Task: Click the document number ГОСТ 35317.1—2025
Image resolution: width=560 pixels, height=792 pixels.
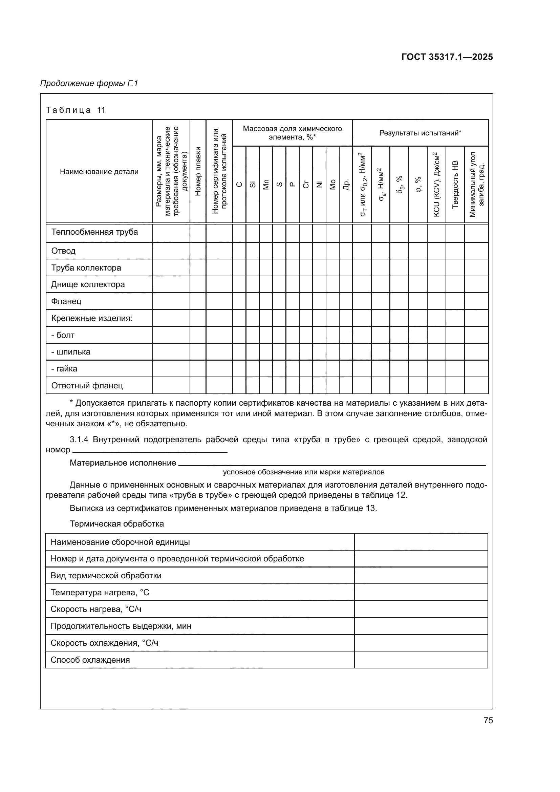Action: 447,57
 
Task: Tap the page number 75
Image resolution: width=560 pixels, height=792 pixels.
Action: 488,720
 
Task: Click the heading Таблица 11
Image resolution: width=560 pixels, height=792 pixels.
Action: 76,110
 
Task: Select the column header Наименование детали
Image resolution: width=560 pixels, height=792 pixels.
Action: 99,171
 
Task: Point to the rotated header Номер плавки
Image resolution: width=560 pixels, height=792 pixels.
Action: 198,171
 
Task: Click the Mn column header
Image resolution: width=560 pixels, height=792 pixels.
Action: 266,185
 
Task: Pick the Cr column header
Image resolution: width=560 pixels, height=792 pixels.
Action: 306,185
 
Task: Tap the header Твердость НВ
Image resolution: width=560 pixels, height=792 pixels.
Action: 455,184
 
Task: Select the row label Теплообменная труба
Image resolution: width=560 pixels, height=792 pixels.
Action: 94,232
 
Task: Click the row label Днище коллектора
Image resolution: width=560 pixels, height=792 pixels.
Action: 88,284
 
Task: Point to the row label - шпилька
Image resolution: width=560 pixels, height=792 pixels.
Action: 71,352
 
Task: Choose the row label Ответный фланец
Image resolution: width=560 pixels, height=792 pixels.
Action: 87,385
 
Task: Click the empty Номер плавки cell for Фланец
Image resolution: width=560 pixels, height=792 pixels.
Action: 198,301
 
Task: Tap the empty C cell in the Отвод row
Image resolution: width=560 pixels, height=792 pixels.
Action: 239,251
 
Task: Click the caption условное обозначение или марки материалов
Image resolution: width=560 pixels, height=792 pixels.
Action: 303,472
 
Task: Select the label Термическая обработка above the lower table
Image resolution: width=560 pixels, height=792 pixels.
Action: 116,523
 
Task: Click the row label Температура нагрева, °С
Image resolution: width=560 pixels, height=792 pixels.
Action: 100,592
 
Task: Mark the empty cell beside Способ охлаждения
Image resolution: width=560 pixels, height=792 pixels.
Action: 421,660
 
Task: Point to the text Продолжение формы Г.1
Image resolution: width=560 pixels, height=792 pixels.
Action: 89,83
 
